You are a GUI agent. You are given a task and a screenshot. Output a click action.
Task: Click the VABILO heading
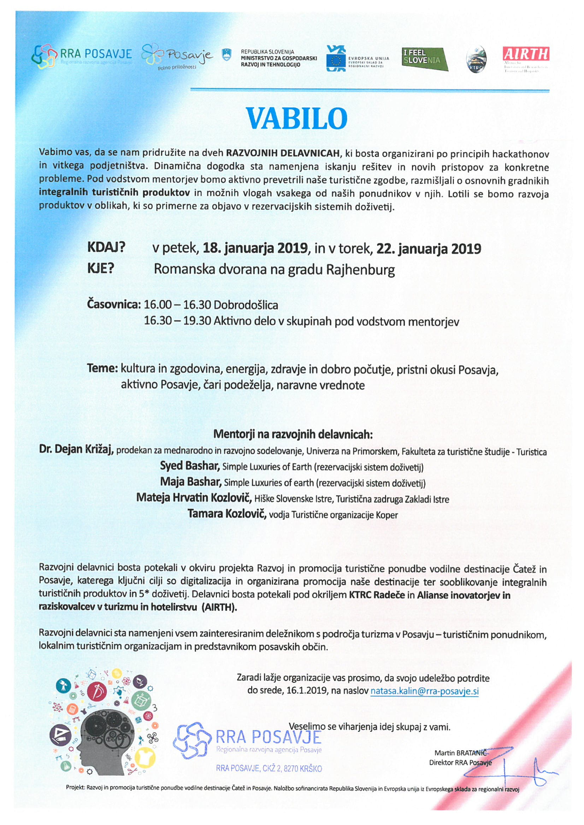(297, 118)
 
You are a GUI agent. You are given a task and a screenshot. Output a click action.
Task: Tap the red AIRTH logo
(525, 54)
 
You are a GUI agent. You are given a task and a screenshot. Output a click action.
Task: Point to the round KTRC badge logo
(476, 60)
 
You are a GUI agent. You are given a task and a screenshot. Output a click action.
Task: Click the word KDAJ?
(106, 248)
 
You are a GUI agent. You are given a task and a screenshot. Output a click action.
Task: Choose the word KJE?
(100, 269)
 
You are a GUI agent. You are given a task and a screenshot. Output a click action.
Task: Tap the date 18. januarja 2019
(256, 248)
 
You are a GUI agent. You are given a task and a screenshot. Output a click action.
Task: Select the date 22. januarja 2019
(428, 248)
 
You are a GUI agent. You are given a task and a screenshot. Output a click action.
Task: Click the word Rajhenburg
(360, 269)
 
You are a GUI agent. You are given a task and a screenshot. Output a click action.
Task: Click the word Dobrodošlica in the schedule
(246, 305)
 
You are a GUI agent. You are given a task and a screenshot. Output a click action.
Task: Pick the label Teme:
(102, 369)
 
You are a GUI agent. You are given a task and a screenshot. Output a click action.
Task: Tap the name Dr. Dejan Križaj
(76, 449)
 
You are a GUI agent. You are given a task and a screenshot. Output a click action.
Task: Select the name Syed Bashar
(189, 466)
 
